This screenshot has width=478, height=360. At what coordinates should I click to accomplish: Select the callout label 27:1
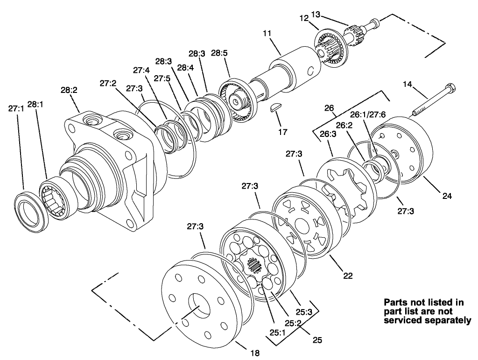point(16,108)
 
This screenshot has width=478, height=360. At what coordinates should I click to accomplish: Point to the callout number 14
point(408,84)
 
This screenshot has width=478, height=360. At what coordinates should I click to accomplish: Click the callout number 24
point(447,197)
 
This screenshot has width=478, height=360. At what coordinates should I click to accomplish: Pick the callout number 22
point(347,275)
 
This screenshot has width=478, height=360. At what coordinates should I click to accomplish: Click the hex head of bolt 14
point(450,88)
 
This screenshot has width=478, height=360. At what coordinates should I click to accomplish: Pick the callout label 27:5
point(162,78)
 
